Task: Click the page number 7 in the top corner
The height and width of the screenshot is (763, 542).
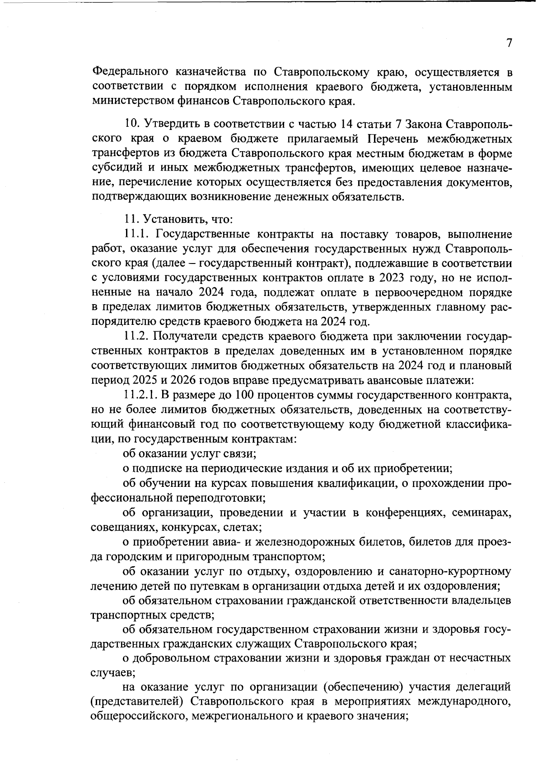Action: click(509, 43)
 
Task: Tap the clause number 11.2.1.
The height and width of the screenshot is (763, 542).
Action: click(140, 395)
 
